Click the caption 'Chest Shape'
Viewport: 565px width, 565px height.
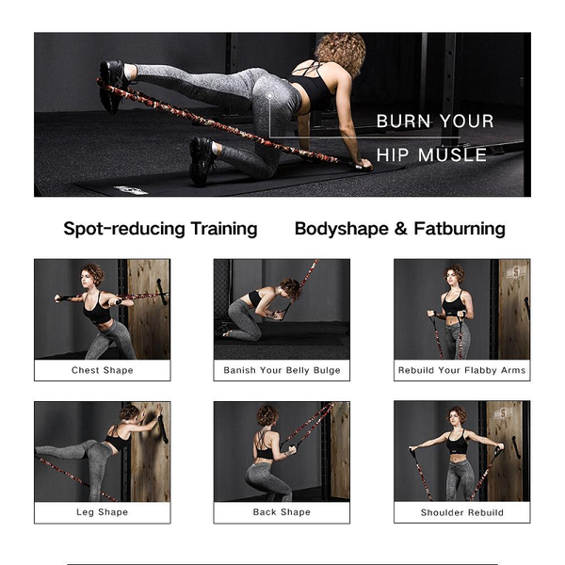pyautogui.click(x=103, y=370)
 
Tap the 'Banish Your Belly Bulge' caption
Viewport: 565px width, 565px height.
pyautogui.click(x=282, y=370)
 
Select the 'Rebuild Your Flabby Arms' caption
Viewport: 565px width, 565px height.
pyautogui.click(x=461, y=370)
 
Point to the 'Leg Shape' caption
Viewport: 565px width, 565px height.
pyautogui.click(x=103, y=512)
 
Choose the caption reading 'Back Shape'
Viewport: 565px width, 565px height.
pyautogui.click(x=282, y=512)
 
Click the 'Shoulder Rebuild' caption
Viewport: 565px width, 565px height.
pyautogui.click(x=462, y=512)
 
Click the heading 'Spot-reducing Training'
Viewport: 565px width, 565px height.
pyautogui.click(x=160, y=229)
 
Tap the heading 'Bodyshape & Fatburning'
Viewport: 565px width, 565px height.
pyautogui.click(x=400, y=229)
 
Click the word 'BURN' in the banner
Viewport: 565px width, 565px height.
pyautogui.click(x=403, y=121)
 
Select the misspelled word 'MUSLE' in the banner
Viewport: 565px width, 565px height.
pyautogui.click(x=453, y=155)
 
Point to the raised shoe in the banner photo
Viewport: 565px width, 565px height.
pyautogui.click(x=113, y=86)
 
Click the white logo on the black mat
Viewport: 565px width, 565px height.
pyautogui.click(x=131, y=190)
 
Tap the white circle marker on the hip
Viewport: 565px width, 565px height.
pyautogui.click(x=269, y=96)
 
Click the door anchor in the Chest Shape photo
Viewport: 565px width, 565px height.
pyautogui.click(x=162, y=292)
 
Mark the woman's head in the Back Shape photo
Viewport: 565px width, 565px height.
pyautogui.click(x=267, y=416)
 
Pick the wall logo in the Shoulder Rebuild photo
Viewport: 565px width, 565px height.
pyautogui.click(x=503, y=413)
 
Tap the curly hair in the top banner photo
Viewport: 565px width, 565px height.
pyautogui.click(x=341, y=51)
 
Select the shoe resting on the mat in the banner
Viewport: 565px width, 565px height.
pyautogui.click(x=202, y=160)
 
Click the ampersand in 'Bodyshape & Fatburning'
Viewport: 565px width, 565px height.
pyautogui.click(x=401, y=229)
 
